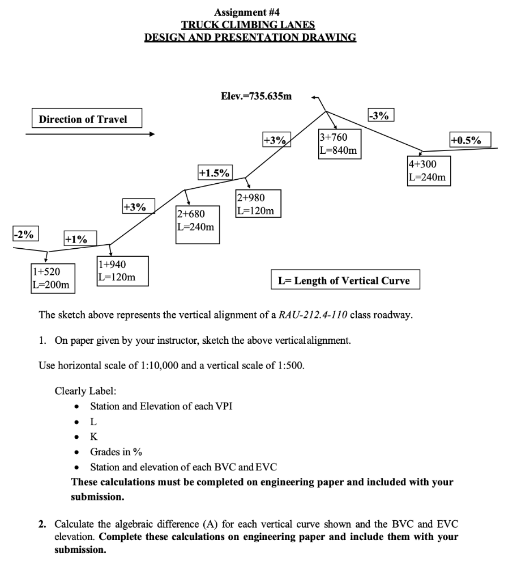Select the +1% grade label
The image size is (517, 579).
point(80,239)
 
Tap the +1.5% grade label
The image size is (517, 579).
point(215,172)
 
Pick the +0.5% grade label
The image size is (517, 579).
point(469,140)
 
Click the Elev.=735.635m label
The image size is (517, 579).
point(256,96)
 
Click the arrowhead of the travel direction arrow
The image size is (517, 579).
point(151,135)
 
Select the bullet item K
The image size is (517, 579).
point(93,437)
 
